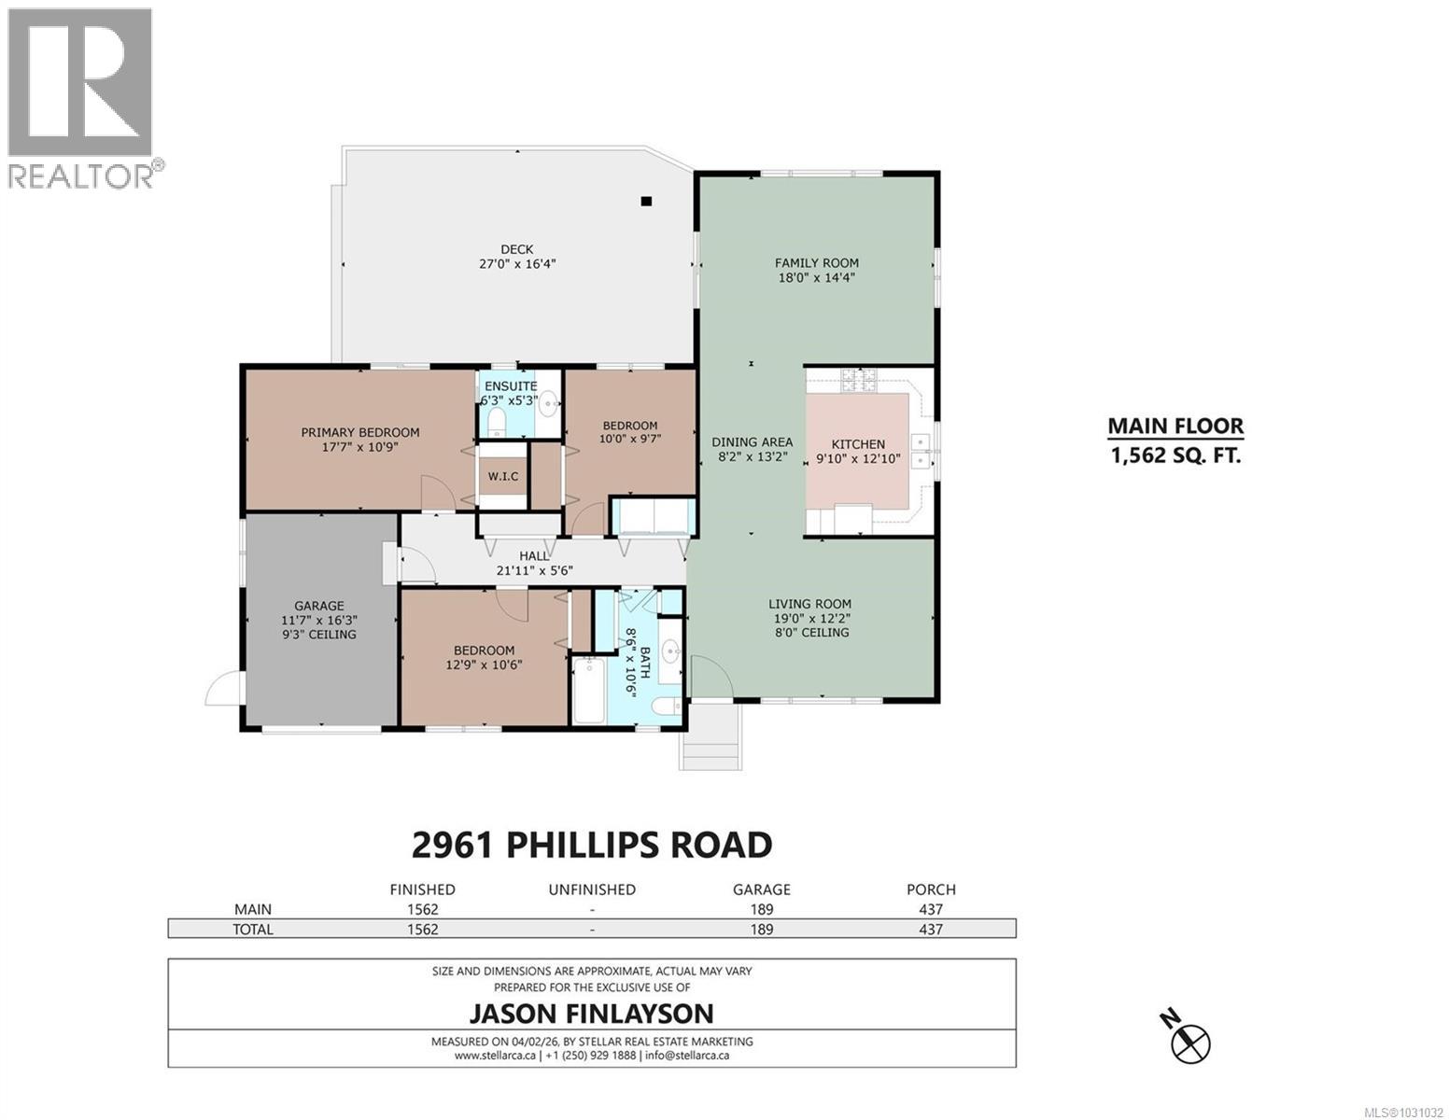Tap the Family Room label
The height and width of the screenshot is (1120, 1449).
[x=816, y=263]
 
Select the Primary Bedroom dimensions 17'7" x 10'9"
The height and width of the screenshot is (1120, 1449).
[x=359, y=447]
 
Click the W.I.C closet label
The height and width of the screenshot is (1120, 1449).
[x=503, y=477]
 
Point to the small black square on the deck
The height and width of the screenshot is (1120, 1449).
[x=646, y=201]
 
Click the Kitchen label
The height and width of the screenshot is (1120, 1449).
[x=858, y=444]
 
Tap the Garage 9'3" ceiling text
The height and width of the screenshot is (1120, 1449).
[x=319, y=635]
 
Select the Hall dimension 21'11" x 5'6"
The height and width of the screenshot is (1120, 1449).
[x=534, y=570]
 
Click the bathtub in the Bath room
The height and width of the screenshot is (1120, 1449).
[x=588, y=690]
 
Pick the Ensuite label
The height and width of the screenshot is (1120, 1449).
[x=510, y=385]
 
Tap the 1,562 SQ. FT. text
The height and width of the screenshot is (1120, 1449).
[x=1175, y=456]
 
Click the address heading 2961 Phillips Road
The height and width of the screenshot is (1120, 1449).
[x=592, y=845]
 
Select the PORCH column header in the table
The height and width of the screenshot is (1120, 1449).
[x=931, y=889]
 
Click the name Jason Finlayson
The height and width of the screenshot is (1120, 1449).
[x=591, y=1014]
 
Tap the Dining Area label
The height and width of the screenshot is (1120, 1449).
[x=752, y=442]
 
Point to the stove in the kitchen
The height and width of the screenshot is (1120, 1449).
[x=857, y=380]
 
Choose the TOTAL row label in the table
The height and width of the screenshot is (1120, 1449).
[x=253, y=929]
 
